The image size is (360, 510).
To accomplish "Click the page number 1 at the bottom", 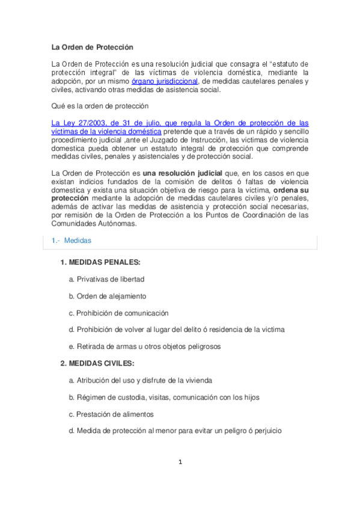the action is [180, 462].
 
